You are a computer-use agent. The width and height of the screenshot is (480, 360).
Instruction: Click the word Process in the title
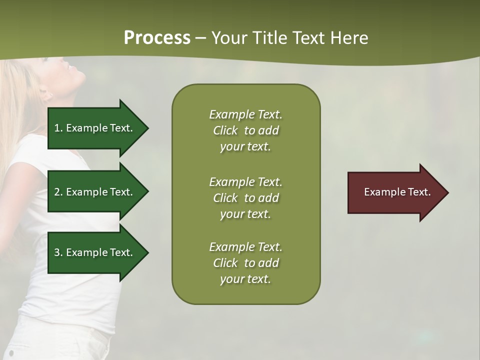(157, 38)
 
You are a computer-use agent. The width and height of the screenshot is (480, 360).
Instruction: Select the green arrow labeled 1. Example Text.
(95, 128)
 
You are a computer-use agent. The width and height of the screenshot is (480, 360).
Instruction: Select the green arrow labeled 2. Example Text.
(95, 192)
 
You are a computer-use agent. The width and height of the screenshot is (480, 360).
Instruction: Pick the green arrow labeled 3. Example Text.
(95, 252)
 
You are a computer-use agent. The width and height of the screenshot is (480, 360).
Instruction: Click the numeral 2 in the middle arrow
(56, 192)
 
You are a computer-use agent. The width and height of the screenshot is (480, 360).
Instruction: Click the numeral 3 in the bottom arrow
(56, 252)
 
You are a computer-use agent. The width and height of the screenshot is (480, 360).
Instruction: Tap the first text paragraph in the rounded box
(245, 130)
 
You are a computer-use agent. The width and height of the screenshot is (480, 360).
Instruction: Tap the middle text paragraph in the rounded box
(245, 198)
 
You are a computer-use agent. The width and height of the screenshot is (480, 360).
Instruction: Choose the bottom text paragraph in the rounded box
(245, 263)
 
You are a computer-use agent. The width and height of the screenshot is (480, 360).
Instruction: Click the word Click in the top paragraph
(225, 130)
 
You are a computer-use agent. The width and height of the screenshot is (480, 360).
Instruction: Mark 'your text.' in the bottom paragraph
(245, 279)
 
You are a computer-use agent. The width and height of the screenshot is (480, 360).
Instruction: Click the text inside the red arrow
(397, 192)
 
